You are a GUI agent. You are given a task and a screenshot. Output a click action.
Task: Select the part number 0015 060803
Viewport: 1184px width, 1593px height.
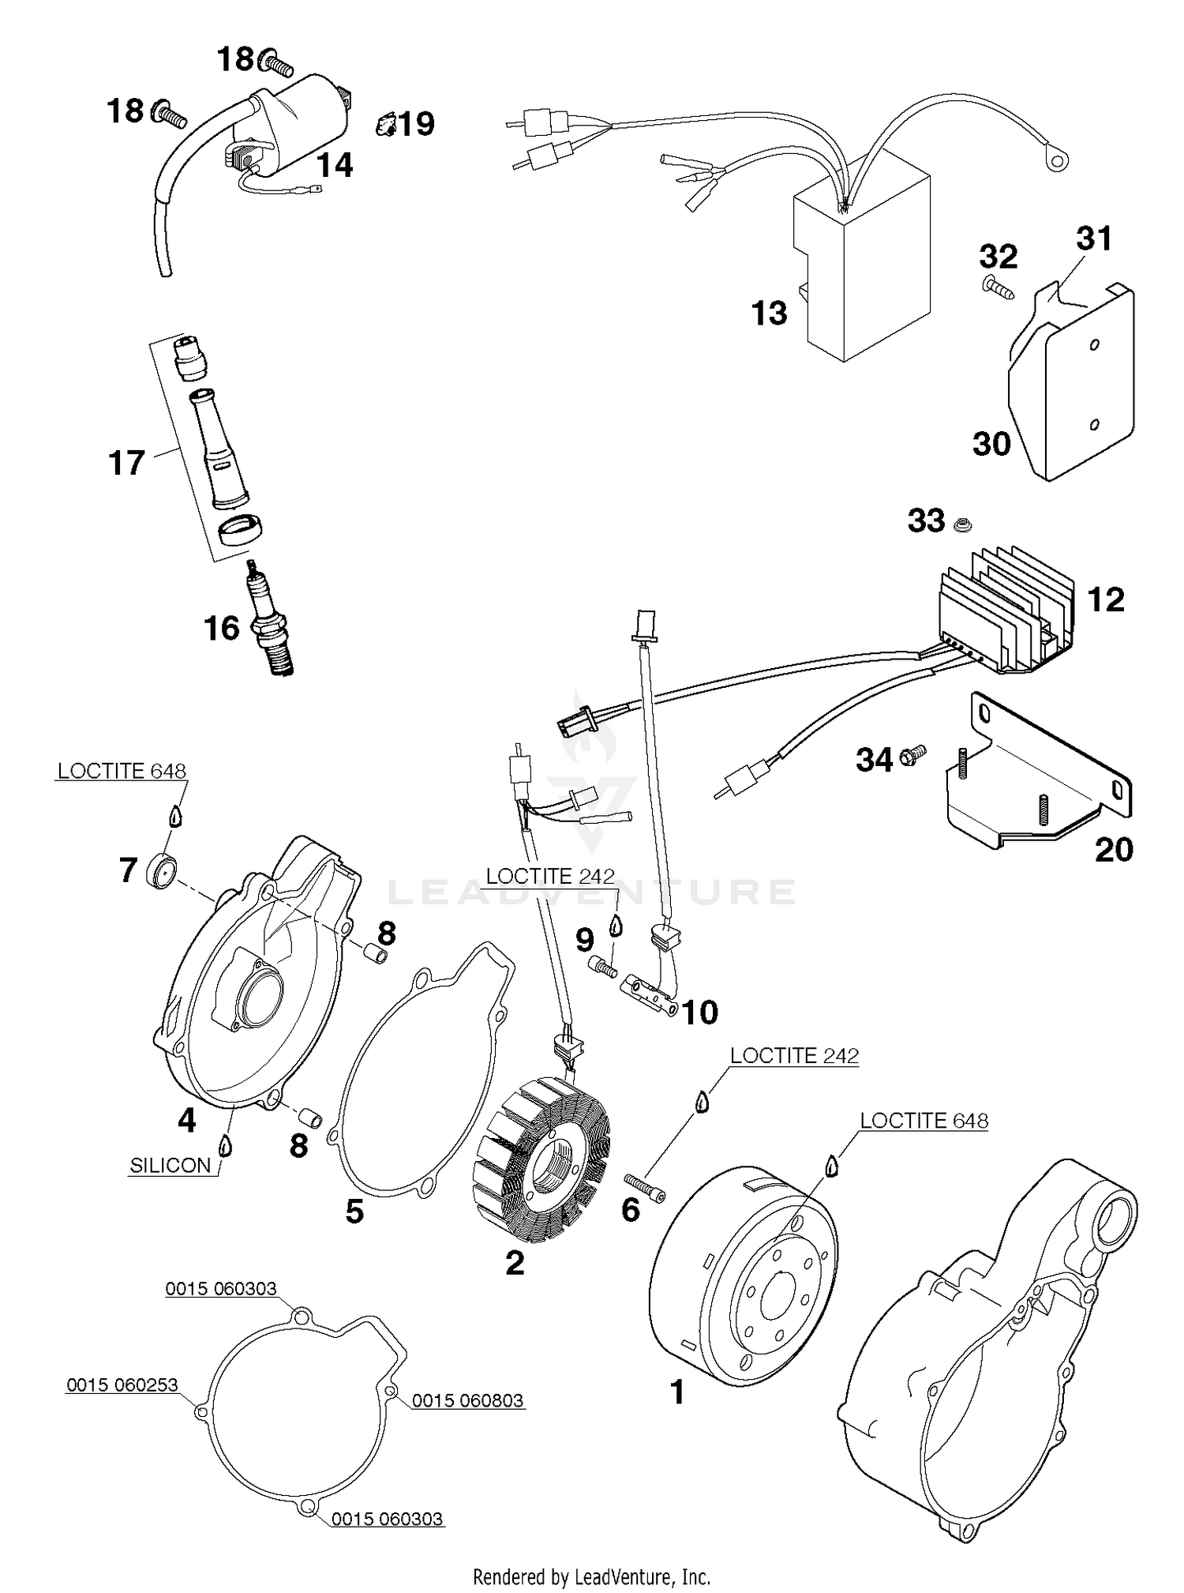467,1400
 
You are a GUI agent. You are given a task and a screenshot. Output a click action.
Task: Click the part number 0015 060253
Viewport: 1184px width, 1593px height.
122,1384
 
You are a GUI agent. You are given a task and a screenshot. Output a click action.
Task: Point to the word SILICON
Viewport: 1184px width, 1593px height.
170,1166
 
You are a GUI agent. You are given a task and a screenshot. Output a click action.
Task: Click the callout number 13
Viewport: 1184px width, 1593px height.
769,314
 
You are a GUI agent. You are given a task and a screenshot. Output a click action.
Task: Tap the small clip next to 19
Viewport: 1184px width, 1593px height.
384,124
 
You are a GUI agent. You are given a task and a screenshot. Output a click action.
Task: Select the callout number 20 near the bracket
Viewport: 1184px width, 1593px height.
1113,850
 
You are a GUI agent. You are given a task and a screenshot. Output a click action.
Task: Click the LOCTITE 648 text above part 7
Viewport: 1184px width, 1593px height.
122,771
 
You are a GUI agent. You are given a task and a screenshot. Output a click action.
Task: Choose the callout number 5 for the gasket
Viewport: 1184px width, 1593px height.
354,1211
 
